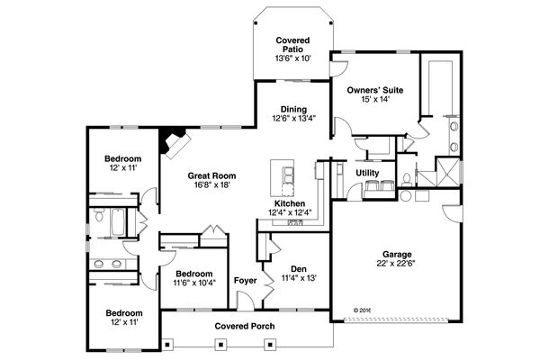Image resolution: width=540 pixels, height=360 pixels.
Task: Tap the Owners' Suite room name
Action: pyautogui.click(x=374, y=91)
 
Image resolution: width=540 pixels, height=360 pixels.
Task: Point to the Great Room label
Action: pyautogui.click(x=209, y=175)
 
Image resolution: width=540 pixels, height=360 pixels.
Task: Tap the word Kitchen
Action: pyautogui.click(x=289, y=203)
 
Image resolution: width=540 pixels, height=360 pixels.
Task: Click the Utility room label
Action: pyautogui.click(x=366, y=172)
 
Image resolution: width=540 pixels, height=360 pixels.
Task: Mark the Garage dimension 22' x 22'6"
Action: pyautogui.click(x=395, y=264)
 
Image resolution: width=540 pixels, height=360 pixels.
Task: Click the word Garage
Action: pyautogui.click(x=395, y=254)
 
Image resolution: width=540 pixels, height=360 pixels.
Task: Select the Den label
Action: pyautogui.click(x=298, y=268)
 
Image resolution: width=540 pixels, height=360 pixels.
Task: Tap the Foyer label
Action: pyautogui.click(x=245, y=280)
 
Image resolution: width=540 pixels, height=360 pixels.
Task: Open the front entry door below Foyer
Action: pyautogui.click(x=245, y=311)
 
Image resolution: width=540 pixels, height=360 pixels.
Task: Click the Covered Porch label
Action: pyautogui.click(x=245, y=326)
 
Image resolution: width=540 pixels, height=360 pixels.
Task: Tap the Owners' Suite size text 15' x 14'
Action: pyautogui.click(x=374, y=101)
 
